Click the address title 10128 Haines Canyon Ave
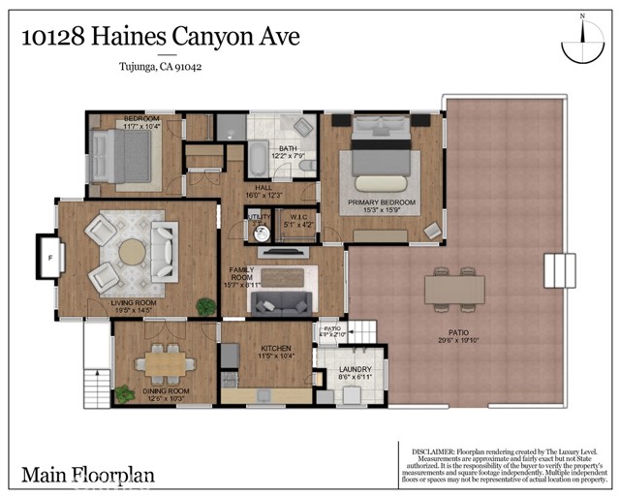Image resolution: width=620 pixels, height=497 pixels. (x=160, y=38)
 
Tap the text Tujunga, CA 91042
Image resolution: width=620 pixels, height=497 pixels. (x=160, y=67)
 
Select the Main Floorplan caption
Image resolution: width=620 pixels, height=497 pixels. (x=87, y=476)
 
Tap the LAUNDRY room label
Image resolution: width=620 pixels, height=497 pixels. (x=356, y=371)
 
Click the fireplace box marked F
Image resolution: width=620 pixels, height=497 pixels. (x=49, y=257)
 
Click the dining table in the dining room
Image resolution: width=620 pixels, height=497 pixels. (x=163, y=363)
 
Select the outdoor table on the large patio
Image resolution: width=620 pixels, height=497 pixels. (x=455, y=290)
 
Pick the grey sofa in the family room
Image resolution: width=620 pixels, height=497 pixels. (x=280, y=304)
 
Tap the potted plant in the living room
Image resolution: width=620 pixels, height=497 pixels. (x=204, y=306)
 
